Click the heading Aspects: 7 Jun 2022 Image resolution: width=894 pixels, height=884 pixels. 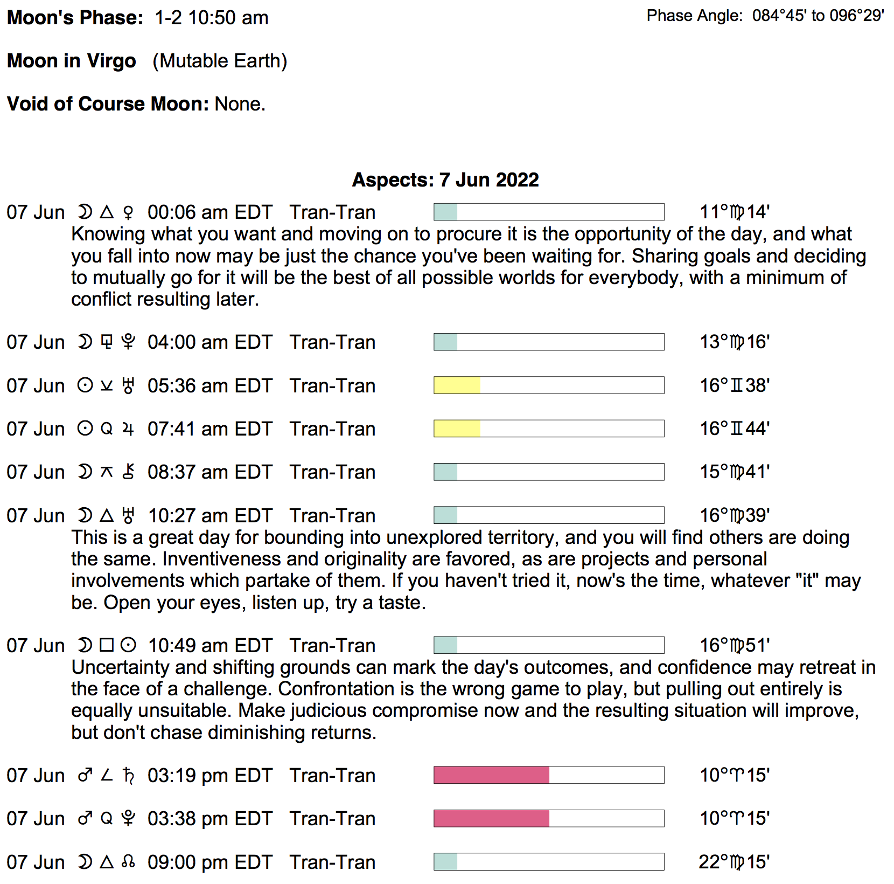tap(445, 180)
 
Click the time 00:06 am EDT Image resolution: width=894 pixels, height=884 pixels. tap(210, 212)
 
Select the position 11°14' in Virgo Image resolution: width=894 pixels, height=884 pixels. tap(735, 212)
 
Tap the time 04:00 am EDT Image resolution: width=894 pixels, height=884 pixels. tap(210, 342)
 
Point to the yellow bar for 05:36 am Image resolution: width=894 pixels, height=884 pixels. tap(457, 385)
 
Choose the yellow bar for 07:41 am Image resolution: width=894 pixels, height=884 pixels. tap(457, 429)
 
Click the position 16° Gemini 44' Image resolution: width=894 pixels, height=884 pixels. tap(735, 429)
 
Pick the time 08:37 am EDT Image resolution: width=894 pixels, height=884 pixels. tap(210, 472)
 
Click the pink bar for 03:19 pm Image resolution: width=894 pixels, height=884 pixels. tap(491, 775)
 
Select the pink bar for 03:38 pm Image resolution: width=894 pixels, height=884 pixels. tap(491, 818)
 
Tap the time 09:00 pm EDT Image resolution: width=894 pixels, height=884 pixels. tap(210, 862)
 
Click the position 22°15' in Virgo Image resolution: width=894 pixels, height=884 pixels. tap(734, 862)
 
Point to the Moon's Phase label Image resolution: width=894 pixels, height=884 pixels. tap(75, 18)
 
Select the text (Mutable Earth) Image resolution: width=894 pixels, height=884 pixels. tap(220, 61)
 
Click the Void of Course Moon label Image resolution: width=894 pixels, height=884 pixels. tap(108, 103)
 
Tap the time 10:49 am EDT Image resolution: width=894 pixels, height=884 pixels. tap(210, 646)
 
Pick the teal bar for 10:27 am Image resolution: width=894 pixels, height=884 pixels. tap(446, 515)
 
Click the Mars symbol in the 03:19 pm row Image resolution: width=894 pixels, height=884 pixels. tap(85, 776)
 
